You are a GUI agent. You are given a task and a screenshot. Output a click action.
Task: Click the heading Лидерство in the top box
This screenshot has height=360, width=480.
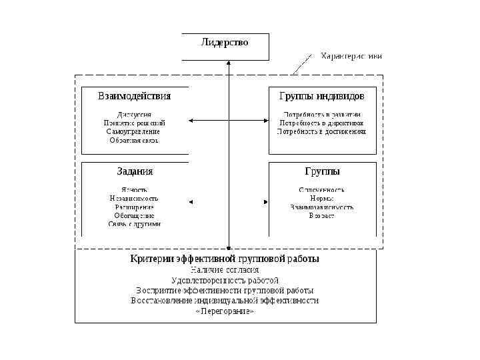(225, 43)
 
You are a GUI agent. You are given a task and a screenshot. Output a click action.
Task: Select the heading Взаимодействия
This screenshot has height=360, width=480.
(134, 96)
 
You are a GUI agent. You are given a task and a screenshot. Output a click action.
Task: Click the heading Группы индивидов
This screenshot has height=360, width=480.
(321, 96)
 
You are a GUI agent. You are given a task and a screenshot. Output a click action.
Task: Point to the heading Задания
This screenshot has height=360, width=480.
(135, 171)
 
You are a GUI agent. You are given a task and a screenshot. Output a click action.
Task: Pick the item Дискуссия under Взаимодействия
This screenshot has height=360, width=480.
(134, 114)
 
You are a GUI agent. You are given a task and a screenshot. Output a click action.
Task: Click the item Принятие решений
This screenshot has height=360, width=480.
(134, 123)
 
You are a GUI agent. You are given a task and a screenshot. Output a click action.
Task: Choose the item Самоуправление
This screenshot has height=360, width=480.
(133, 131)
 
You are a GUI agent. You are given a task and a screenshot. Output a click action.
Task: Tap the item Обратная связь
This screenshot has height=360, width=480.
(134, 140)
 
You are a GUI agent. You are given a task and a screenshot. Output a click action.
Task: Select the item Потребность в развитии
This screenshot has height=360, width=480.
(322, 114)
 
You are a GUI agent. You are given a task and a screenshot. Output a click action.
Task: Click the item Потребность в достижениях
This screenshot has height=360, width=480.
(322, 131)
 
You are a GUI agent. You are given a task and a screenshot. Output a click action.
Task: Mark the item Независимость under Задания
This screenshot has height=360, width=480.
(134, 198)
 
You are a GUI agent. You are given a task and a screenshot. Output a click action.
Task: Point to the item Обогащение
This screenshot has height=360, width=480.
(134, 215)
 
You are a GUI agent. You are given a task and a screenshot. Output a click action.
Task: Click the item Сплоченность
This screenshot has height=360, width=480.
(321, 189)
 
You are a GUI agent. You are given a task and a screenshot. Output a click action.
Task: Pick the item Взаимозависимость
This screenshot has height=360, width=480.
(321, 207)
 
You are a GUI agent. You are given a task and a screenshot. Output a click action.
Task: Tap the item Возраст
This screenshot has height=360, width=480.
(321, 215)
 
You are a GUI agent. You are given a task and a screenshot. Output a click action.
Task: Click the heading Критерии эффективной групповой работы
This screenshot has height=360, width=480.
(225, 259)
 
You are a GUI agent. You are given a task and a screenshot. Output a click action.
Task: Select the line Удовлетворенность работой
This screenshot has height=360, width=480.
(225, 280)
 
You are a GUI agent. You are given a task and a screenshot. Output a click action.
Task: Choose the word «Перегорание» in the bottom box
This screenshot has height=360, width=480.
(225, 311)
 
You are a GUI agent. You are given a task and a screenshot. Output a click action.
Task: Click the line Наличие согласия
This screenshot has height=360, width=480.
(225, 269)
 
